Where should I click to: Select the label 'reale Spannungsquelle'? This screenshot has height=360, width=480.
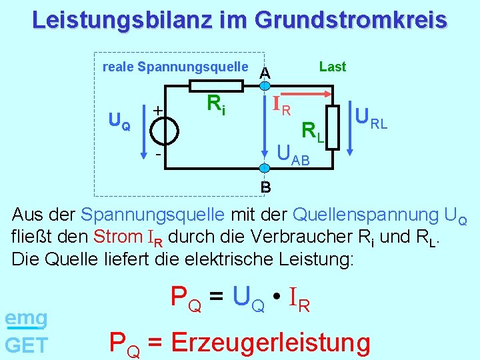point(175,67)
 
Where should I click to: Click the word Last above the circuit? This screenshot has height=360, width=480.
point(332,67)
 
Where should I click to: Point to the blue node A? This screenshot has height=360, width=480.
point(265,85)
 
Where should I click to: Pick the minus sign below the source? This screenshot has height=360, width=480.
point(157,154)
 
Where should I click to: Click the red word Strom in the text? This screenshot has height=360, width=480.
point(118,236)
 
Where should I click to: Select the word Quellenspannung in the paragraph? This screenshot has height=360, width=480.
point(365,215)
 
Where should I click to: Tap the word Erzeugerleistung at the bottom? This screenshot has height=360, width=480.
point(270,343)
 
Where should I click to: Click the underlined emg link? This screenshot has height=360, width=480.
point(26,319)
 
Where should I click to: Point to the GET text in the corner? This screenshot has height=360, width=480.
point(26,345)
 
